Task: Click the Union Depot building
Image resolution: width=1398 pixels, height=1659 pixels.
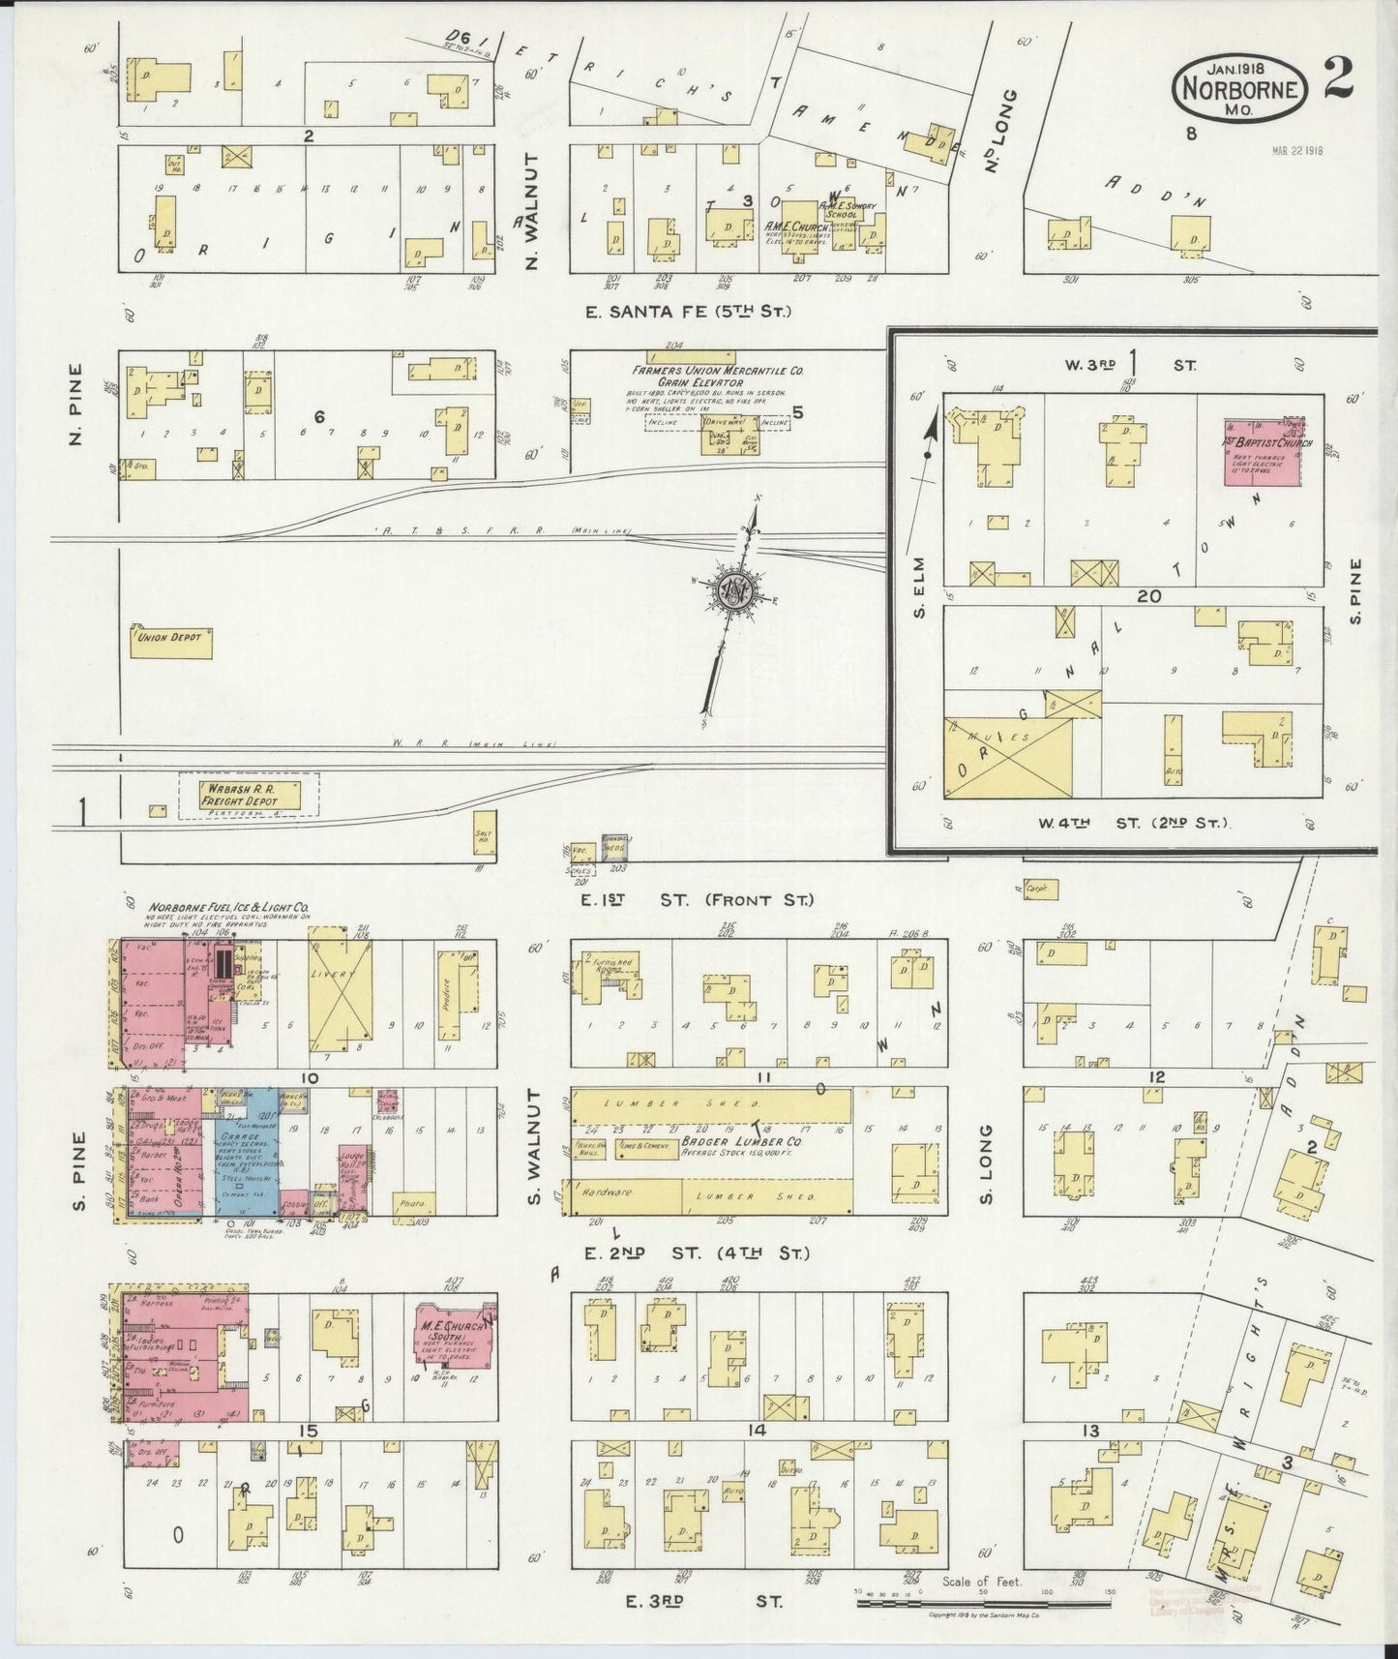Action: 170,639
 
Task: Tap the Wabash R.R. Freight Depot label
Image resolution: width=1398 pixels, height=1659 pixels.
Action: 238,795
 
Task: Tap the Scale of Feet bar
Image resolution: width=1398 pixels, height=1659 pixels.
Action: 982,1602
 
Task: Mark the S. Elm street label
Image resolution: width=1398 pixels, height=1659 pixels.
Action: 919,588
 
